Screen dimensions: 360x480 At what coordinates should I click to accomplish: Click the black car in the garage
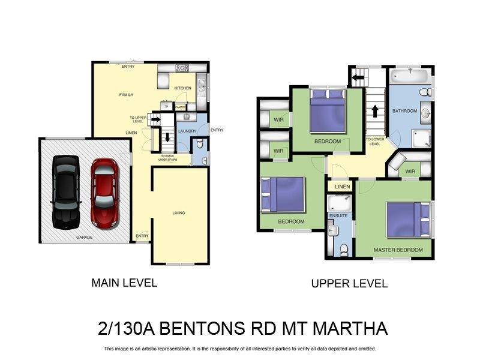click(65, 192)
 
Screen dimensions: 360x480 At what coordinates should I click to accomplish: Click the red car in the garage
click(104, 192)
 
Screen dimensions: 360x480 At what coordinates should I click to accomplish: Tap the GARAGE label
click(84, 238)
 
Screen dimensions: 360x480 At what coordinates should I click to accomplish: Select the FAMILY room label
click(126, 95)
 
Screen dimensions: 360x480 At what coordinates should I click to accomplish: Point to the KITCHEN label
click(183, 88)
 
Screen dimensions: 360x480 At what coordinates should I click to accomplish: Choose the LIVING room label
click(179, 213)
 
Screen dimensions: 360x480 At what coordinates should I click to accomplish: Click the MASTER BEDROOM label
click(398, 250)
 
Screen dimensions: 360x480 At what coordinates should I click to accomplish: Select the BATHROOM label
click(404, 111)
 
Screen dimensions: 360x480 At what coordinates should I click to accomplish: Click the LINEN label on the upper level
click(342, 187)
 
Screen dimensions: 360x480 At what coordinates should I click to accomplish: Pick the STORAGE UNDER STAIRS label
click(167, 158)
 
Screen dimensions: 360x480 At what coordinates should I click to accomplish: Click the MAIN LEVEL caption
click(124, 283)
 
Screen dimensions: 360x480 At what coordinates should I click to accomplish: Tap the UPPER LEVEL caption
click(349, 283)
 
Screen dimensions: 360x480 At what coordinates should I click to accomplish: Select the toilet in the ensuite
click(344, 251)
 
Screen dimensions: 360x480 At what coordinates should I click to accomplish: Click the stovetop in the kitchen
click(182, 68)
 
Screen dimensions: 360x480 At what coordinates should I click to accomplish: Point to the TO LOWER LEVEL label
click(374, 142)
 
